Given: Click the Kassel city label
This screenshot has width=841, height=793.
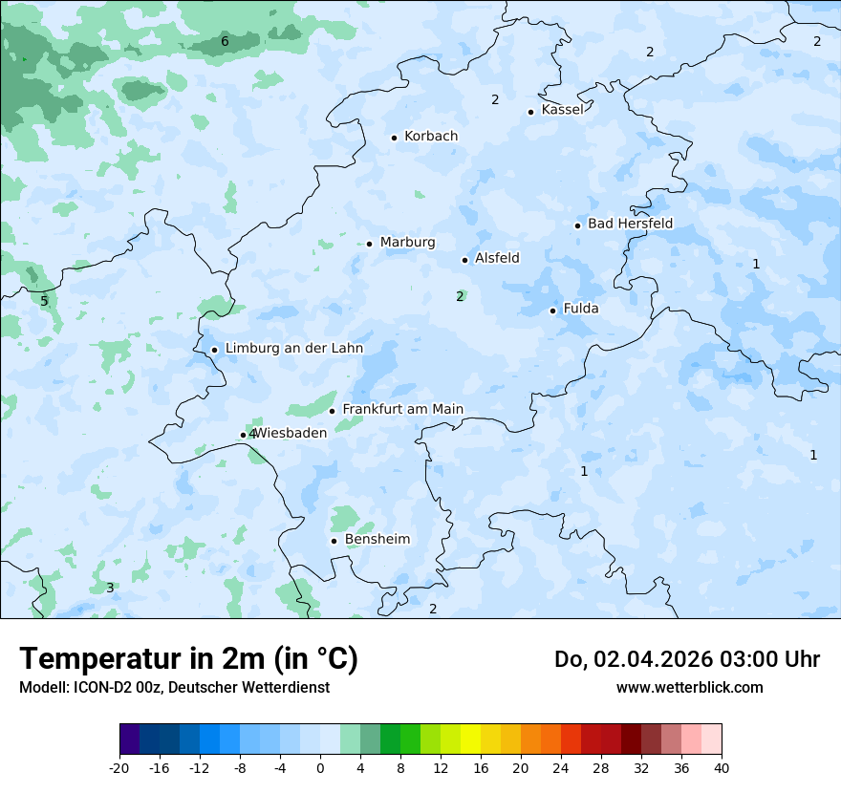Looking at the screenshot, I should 562,110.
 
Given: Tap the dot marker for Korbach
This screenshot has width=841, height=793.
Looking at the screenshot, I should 394,138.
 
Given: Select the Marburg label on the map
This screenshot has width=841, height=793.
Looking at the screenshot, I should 407,243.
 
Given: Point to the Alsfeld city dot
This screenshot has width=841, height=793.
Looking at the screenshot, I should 464,260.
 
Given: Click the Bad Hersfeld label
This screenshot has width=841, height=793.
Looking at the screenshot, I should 630,224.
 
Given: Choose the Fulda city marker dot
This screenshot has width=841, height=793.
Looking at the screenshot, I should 553,311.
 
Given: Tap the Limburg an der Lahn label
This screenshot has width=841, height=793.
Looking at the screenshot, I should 293,349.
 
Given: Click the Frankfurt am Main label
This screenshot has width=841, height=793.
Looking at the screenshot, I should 402,410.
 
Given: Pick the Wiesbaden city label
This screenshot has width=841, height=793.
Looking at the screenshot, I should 291,433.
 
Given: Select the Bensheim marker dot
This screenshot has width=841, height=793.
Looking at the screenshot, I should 334,541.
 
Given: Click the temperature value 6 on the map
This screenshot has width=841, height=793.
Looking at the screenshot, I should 225,41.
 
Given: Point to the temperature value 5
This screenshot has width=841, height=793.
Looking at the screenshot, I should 44,301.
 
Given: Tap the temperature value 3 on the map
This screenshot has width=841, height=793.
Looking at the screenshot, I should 110,588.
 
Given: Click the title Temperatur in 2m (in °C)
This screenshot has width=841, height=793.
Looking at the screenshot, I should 188,659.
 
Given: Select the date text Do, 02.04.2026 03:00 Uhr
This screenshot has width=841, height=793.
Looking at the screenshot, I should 686,659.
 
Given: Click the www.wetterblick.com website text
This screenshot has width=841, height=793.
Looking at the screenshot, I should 689,688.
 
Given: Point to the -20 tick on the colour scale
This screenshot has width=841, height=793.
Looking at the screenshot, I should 119,767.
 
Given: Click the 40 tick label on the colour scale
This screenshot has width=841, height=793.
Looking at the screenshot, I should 722,767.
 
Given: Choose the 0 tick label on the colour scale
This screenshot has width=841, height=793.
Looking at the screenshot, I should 320,767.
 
